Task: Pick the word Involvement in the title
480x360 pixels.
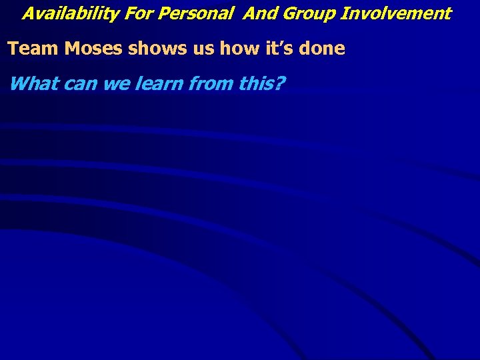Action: [396, 13]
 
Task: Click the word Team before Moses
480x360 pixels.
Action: [33, 49]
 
